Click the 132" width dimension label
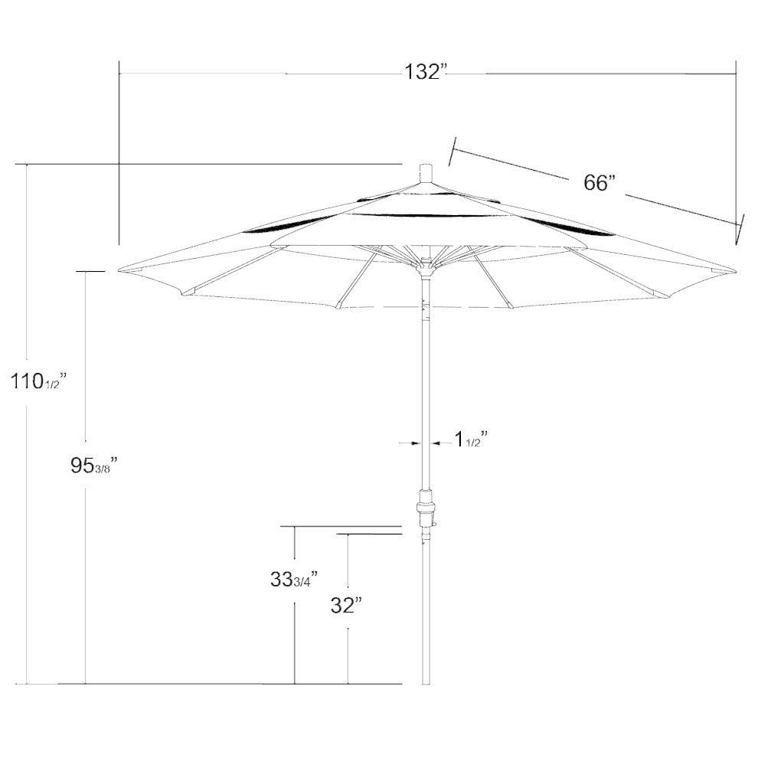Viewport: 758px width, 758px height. point(425,73)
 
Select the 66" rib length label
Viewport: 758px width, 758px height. point(600,183)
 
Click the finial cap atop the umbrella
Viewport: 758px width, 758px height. point(426,172)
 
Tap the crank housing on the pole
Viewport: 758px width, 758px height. point(426,511)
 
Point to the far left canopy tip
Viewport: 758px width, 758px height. point(121,269)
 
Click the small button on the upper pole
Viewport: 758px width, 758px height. point(426,310)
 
